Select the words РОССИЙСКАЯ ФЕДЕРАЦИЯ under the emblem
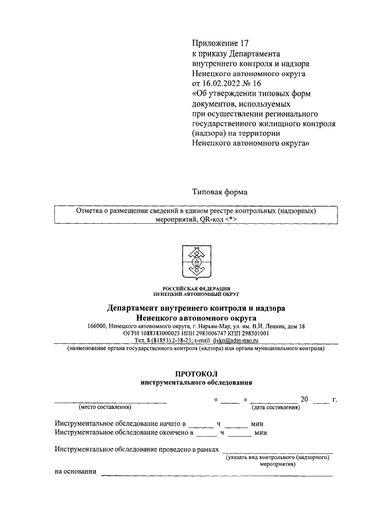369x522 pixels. click(x=197, y=288)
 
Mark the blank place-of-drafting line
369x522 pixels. click(x=110, y=400)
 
